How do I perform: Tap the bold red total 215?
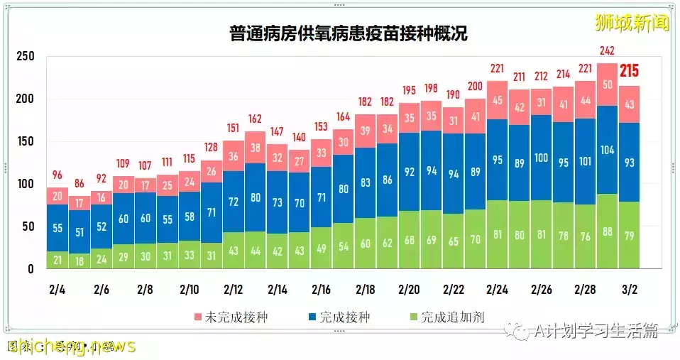click(x=630, y=72)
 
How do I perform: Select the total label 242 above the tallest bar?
click(x=607, y=50)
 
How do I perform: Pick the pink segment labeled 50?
click(x=607, y=84)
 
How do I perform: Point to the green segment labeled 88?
click(x=607, y=232)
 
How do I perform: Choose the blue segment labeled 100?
click(x=541, y=158)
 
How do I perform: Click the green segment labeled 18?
click(x=79, y=260)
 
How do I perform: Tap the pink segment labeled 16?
click(x=101, y=197)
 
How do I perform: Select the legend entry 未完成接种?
click(x=221, y=317)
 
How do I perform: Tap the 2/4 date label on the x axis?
click(x=57, y=290)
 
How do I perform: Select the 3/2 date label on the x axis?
click(x=629, y=290)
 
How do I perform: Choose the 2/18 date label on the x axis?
click(x=366, y=290)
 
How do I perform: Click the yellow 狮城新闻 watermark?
click(x=632, y=23)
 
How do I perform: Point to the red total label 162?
click(x=255, y=118)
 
